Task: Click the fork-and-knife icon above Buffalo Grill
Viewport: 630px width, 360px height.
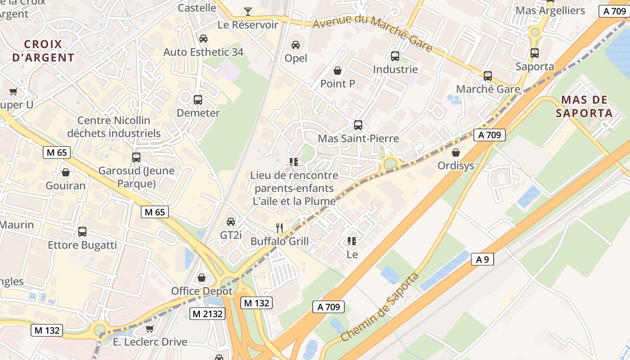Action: coord(279,228)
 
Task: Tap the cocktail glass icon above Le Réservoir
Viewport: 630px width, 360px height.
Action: coord(247,11)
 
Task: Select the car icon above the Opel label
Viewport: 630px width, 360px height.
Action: coord(296,45)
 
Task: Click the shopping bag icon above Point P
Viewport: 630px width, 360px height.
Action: coord(337,70)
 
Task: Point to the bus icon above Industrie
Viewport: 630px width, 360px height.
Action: coord(395,56)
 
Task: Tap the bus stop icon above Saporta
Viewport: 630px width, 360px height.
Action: coord(535,53)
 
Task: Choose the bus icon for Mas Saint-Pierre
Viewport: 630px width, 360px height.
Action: coord(358,125)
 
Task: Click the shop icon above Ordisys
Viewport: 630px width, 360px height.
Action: coord(456,153)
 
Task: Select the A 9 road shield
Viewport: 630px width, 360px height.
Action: coord(482,259)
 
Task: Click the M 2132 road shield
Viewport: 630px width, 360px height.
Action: coord(207,314)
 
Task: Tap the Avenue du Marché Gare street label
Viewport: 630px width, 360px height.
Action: coord(372,35)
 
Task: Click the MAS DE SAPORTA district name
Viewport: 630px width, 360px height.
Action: coord(584,106)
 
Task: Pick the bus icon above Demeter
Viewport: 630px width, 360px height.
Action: coord(198,100)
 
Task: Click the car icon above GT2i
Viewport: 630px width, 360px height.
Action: coord(231,221)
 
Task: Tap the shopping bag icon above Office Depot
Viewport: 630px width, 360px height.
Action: coord(202,278)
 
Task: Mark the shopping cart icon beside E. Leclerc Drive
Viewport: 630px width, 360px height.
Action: coord(149,328)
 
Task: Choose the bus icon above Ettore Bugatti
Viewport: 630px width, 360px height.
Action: coord(82,232)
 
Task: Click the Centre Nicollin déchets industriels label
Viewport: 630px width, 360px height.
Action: coord(113,127)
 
